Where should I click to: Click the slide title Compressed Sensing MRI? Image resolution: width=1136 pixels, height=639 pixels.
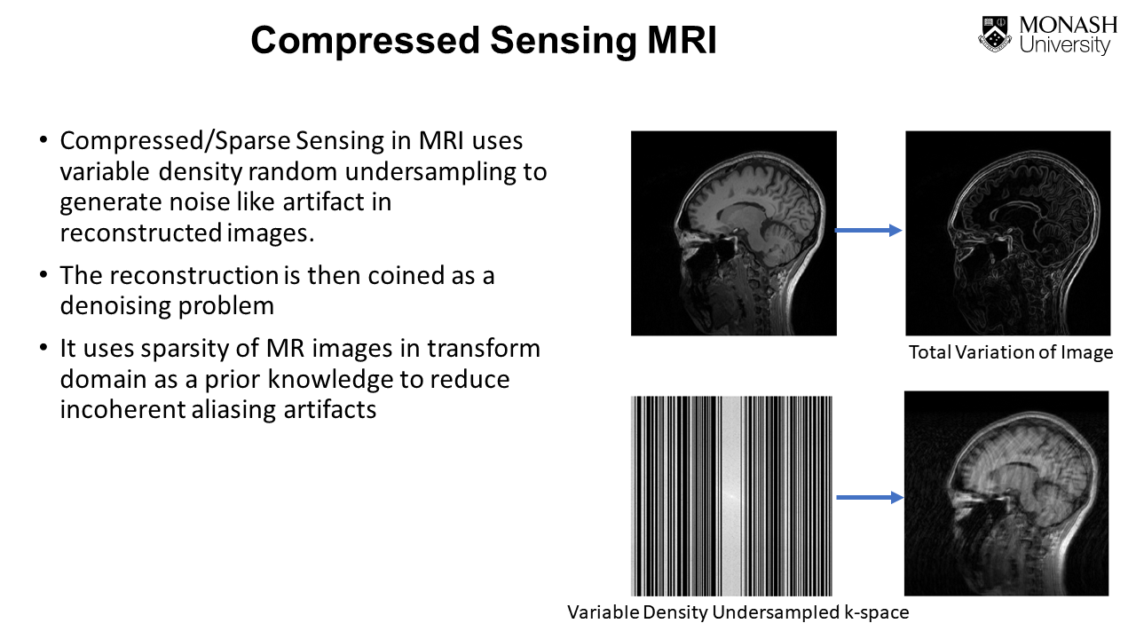[x=483, y=41]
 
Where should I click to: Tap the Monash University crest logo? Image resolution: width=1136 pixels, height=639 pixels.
[x=996, y=35]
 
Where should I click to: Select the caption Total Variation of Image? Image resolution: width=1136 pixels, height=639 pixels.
[x=1010, y=352]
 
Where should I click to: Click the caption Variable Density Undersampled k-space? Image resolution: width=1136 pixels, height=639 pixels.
[x=738, y=612]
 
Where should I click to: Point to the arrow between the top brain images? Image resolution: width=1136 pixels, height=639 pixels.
[x=868, y=231]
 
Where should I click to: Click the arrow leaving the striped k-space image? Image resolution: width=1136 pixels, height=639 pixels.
[x=868, y=497]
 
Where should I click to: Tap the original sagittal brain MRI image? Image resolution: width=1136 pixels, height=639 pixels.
[x=733, y=233]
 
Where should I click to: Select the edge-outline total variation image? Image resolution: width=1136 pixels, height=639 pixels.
[x=1007, y=233]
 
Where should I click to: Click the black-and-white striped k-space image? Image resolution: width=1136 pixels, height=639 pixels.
[x=731, y=495]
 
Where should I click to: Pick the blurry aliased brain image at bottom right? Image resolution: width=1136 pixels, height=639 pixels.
[x=1006, y=493]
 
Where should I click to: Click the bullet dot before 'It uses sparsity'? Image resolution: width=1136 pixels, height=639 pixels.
[x=43, y=349]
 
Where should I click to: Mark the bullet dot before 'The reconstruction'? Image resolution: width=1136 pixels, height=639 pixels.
[x=43, y=275]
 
